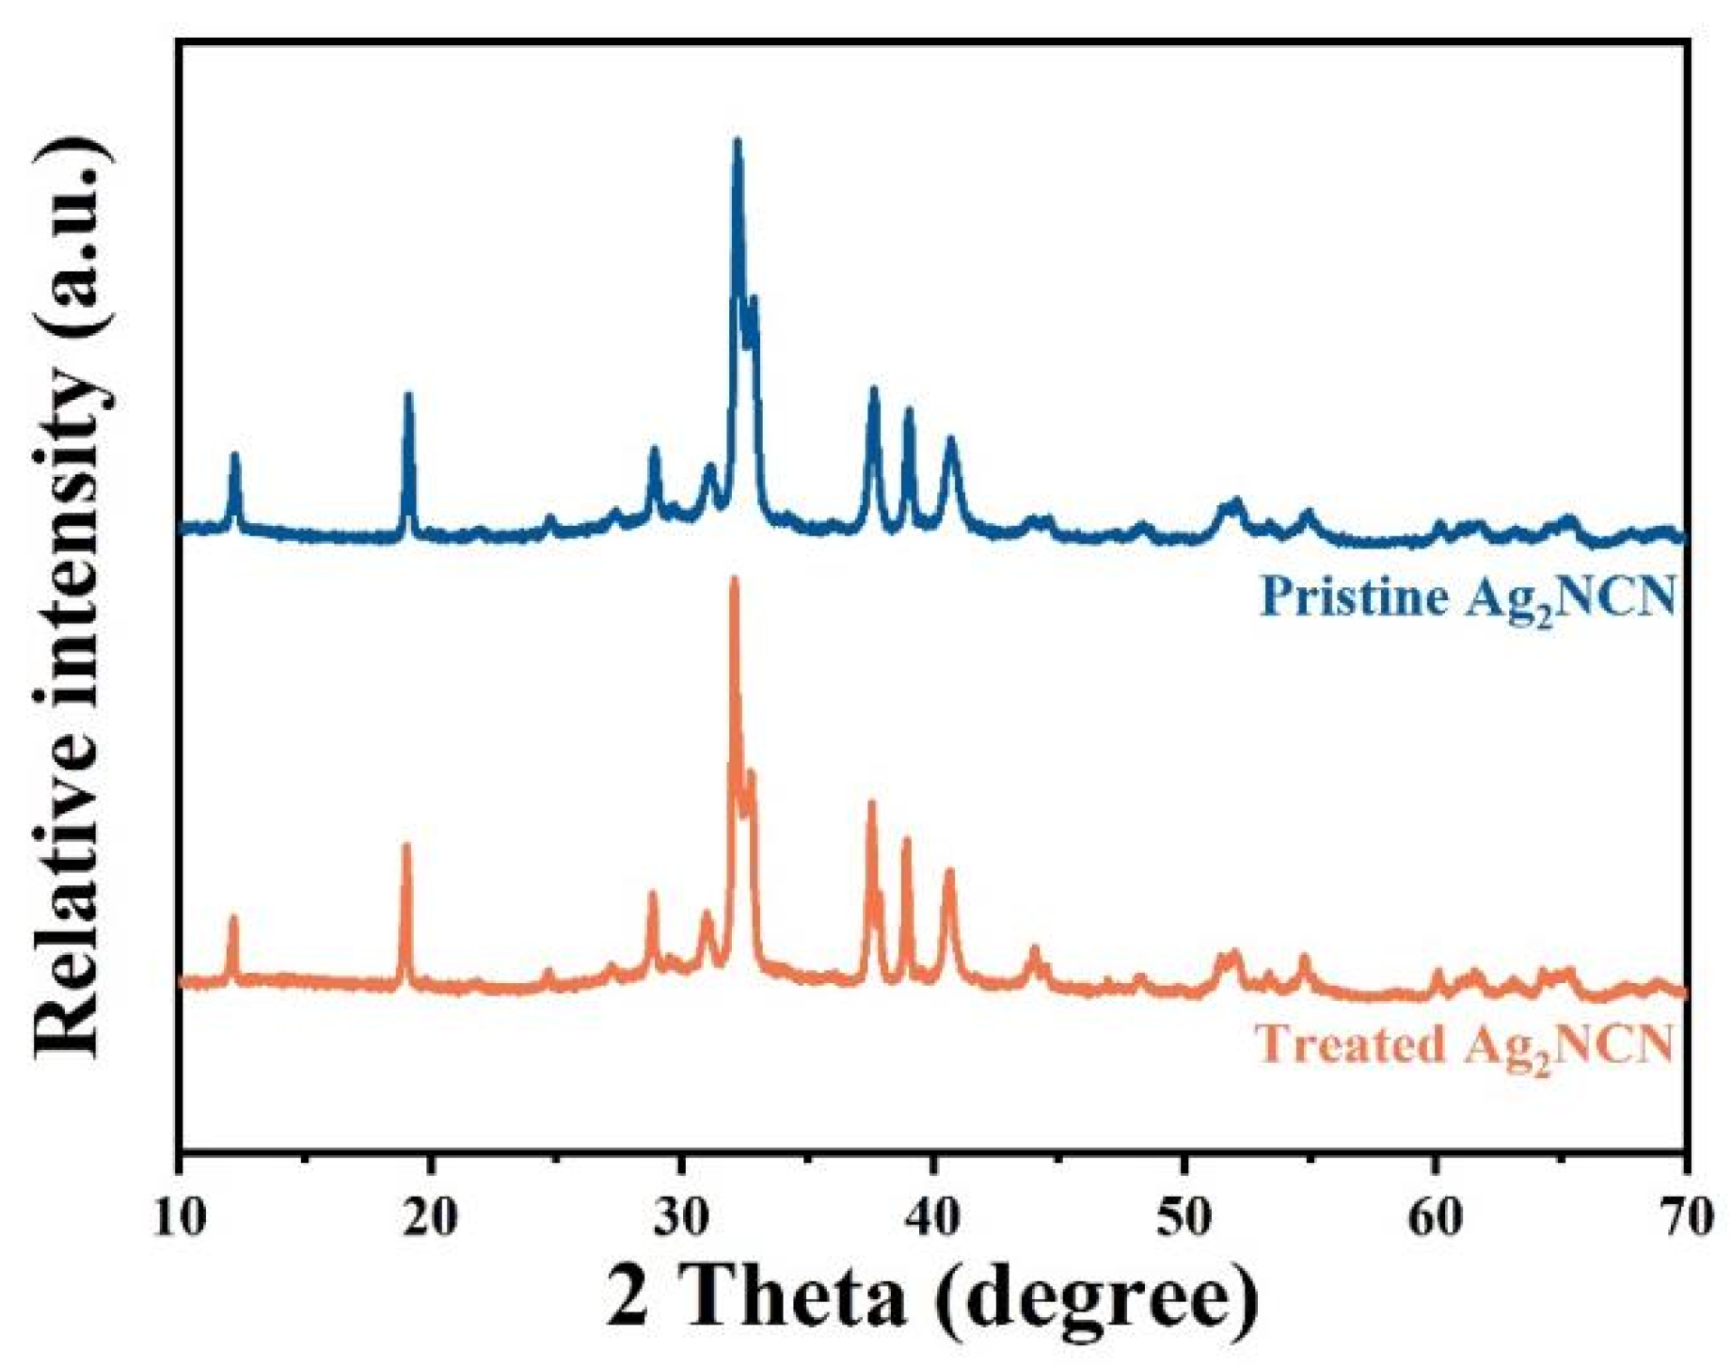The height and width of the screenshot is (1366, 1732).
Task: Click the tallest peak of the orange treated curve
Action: (x=734, y=580)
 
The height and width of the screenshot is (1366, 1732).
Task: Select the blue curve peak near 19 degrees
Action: (x=407, y=396)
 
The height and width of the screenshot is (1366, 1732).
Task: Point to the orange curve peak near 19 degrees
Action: (x=406, y=847)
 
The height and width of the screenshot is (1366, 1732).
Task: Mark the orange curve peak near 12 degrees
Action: (x=233, y=918)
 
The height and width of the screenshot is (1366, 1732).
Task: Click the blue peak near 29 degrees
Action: (x=654, y=451)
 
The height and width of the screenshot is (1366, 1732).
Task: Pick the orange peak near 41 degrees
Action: (x=948, y=872)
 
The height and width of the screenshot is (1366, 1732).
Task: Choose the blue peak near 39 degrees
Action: (x=908, y=411)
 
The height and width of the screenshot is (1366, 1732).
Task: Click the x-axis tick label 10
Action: (x=179, y=1217)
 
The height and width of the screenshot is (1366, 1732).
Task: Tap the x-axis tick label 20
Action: (x=430, y=1217)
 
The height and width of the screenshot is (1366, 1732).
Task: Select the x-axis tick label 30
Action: (x=681, y=1217)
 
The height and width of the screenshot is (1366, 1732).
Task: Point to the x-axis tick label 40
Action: (x=932, y=1217)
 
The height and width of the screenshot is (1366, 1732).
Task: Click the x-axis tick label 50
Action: (x=1184, y=1217)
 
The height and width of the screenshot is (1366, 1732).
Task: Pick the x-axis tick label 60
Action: (x=1436, y=1217)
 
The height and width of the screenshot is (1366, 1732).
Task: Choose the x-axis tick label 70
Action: (x=1685, y=1217)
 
